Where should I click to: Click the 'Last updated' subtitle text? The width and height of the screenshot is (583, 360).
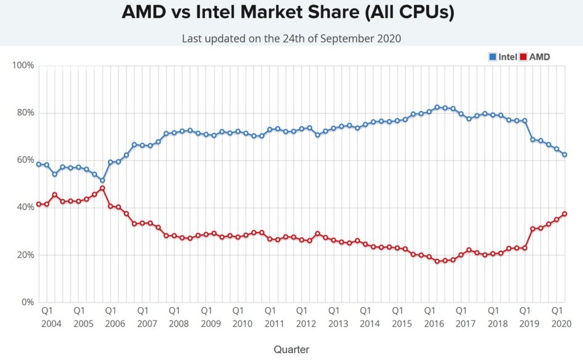tap(291, 38)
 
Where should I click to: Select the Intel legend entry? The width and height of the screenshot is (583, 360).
tap(503, 57)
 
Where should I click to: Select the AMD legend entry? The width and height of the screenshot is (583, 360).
tap(535, 57)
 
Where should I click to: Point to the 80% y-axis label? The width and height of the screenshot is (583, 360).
tap(25, 113)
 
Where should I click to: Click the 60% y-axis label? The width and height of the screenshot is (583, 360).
tap(25, 160)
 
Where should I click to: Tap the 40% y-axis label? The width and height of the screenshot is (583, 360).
tap(25, 208)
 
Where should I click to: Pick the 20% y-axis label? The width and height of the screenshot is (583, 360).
tap(25, 255)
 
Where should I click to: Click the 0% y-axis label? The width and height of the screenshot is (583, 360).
tap(27, 303)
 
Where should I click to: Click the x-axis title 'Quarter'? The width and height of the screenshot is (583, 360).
tap(291, 350)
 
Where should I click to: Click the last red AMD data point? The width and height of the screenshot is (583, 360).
tap(564, 214)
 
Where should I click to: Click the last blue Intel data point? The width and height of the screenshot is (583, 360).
tap(564, 155)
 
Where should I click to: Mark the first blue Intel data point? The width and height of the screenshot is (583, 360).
tap(39, 165)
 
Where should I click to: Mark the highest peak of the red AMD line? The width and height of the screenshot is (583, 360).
tap(102, 188)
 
